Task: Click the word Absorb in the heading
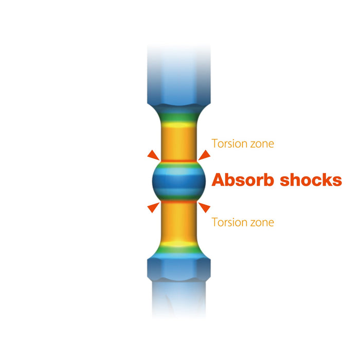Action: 243,180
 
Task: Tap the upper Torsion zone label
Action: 243,143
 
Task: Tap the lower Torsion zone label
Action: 243,222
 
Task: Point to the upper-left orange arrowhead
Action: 153,155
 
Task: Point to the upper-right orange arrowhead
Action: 204,155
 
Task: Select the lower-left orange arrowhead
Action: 153,207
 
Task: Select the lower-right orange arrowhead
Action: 204,207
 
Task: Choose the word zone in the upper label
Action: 261,143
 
